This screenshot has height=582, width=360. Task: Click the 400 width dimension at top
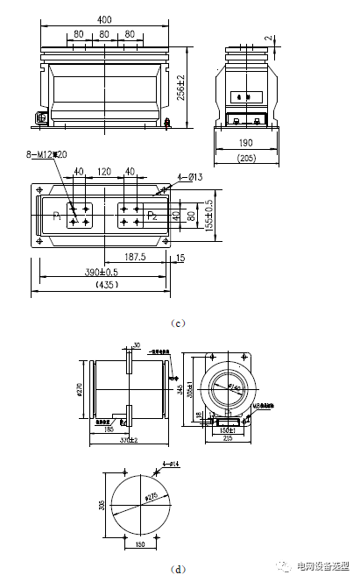tap(104, 18)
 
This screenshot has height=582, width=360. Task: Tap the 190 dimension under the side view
tap(246, 142)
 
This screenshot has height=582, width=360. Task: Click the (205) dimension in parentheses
tap(246, 158)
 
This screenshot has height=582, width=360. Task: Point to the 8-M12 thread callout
tap(46, 156)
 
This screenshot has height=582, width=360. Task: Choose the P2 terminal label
tap(152, 214)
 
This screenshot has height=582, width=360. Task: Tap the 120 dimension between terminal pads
tap(104, 172)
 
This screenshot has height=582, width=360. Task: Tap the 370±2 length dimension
tap(128, 439)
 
